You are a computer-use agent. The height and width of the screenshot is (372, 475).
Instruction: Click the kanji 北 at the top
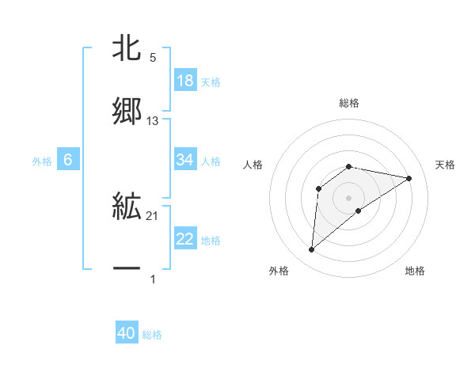(127, 48)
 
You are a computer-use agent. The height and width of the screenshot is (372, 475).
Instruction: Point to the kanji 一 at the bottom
(127, 269)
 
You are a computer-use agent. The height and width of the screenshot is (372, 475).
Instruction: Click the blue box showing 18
(185, 81)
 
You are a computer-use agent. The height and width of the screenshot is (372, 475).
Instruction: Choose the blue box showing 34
(185, 160)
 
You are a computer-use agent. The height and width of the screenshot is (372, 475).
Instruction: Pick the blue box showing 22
(185, 239)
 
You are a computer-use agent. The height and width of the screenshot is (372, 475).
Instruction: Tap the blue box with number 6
(68, 160)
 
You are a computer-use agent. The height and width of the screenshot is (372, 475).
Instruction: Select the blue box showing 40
(127, 333)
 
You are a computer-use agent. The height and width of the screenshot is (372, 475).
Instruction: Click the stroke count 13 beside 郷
(153, 121)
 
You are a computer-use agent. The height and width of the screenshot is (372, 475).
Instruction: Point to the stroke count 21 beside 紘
(153, 215)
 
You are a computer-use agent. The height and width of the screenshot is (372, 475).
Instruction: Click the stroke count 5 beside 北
(153, 57)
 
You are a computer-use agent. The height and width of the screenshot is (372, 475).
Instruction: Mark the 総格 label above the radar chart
(349, 103)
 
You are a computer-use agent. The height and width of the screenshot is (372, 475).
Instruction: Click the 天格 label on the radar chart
(445, 165)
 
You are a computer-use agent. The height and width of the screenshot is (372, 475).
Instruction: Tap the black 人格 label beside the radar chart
(253, 165)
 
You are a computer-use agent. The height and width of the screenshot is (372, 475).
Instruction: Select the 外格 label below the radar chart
(279, 271)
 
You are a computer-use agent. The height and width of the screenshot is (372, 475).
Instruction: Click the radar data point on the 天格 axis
(408, 178)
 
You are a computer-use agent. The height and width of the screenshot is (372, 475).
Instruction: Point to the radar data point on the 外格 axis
(312, 250)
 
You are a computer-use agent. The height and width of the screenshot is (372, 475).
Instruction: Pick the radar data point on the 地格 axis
(359, 211)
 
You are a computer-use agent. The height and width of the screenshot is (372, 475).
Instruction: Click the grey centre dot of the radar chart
(349, 197)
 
